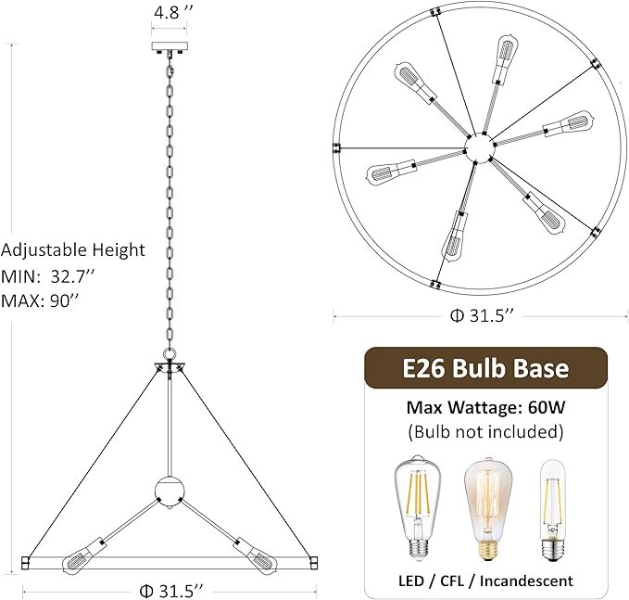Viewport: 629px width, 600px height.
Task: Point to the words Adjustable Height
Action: point(73,249)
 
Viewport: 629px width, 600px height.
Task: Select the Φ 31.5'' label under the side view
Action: point(170,590)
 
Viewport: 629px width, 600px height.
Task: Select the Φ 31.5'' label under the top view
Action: point(481,316)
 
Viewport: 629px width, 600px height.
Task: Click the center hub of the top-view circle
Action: point(481,147)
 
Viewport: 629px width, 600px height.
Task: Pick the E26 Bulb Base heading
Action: point(484,368)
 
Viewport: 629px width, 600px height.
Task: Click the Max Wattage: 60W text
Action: point(484,407)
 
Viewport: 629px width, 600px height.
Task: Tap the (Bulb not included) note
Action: point(484,431)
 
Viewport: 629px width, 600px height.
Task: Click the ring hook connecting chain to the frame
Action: point(170,354)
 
